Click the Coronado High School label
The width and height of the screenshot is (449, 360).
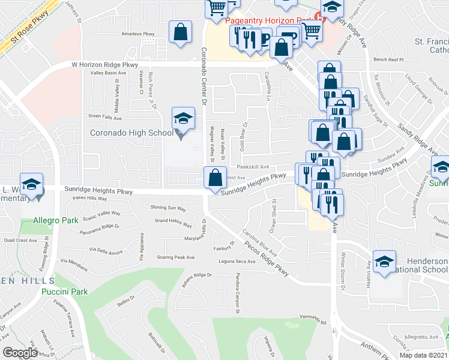pyautogui.click(x=131, y=133)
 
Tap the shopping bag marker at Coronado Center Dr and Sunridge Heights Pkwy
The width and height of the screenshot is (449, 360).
pyautogui.click(x=215, y=178)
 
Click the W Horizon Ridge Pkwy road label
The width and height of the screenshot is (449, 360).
pyautogui.click(x=104, y=65)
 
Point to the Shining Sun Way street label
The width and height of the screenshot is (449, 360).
pyautogui.click(x=168, y=208)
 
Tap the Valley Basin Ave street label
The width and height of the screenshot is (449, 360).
pyautogui.click(x=108, y=73)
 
